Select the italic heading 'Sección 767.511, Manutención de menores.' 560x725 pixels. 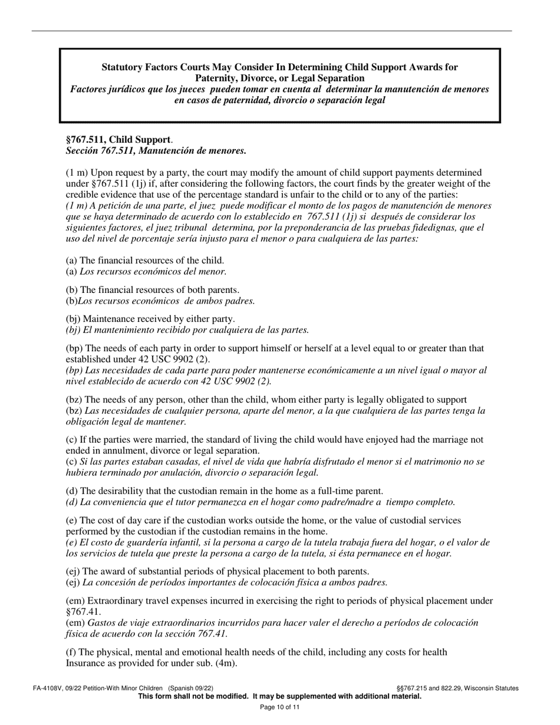click(156, 151)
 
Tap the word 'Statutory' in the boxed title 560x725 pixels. click(122, 67)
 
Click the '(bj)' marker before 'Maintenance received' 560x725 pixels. click(73, 319)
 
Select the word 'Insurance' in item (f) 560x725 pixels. click(84, 663)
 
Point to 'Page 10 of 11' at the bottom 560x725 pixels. click(280, 707)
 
